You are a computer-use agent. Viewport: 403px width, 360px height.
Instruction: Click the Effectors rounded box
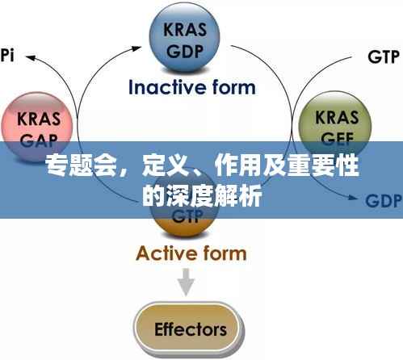(x=190, y=329)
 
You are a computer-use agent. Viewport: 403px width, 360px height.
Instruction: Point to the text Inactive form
(x=191, y=86)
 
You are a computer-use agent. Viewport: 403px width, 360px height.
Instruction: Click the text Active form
(x=191, y=253)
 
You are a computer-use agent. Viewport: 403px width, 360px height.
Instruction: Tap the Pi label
(x=7, y=56)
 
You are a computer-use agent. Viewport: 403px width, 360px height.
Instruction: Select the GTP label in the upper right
(x=384, y=57)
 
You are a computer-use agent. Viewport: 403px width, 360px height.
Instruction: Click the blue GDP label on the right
(x=384, y=200)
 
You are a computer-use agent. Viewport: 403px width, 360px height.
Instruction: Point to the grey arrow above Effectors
(x=187, y=280)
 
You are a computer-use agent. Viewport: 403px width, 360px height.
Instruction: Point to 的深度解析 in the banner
(x=201, y=196)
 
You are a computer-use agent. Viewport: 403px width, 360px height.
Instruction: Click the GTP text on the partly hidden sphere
(x=187, y=217)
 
